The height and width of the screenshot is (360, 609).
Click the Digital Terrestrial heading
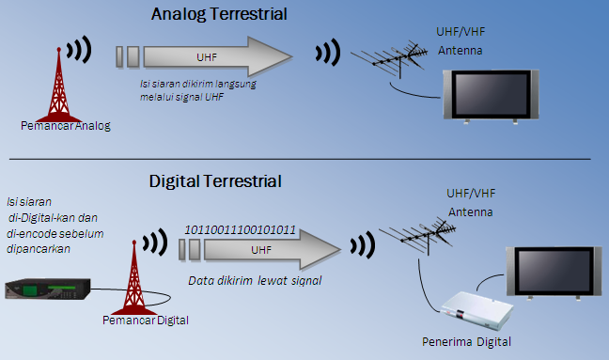click(x=215, y=180)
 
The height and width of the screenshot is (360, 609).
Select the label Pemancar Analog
click(x=64, y=126)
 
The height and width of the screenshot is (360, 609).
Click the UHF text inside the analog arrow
click(x=207, y=57)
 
